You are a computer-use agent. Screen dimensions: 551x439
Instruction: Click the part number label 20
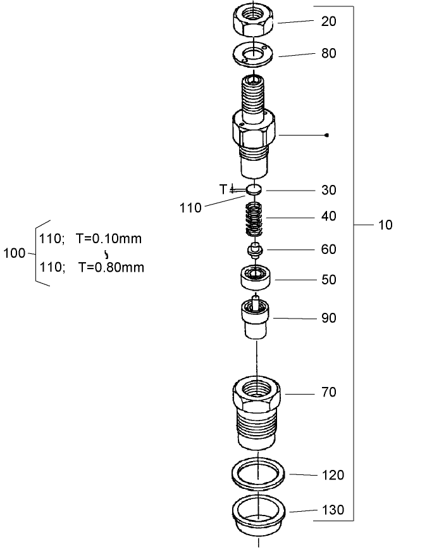click(x=328, y=21)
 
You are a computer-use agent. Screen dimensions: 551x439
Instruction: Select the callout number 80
click(x=328, y=53)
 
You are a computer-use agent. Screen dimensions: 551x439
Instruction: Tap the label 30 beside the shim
click(x=328, y=190)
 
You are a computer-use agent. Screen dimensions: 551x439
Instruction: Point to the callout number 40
click(x=328, y=217)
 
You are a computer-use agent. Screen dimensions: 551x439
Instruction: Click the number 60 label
click(x=328, y=250)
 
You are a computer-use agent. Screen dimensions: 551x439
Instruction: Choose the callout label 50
click(x=328, y=280)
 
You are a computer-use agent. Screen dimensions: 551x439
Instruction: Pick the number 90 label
click(x=328, y=318)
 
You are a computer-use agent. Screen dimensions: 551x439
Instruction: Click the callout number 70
click(x=328, y=393)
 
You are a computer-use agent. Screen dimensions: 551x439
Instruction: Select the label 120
click(x=332, y=475)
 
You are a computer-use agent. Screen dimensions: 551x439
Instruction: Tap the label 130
click(x=332, y=510)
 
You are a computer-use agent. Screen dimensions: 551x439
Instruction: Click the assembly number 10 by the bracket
click(x=385, y=225)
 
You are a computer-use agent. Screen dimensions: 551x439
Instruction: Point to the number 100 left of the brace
click(x=14, y=253)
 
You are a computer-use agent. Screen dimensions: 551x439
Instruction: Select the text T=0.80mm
click(x=111, y=267)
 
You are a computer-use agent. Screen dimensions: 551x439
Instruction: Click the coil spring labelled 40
click(x=254, y=219)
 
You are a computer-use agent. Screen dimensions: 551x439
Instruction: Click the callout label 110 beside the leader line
click(x=190, y=207)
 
